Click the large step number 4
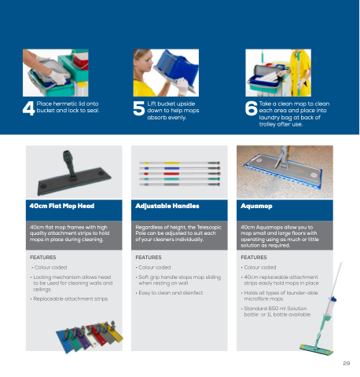coord(28,108)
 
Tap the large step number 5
coord(139,108)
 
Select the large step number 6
coord(251,108)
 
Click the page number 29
coord(347,363)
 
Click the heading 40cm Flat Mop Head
coord(62,206)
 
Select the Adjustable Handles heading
coord(167,206)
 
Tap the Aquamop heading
coord(256,207)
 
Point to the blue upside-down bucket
coord(176,70)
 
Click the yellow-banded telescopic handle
coord(180,163)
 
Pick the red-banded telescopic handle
coord(180,174)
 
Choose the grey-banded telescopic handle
coord(180,185)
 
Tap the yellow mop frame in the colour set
coord(115,332)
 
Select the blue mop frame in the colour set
coord(64,341)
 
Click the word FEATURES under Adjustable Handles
coord(149,258)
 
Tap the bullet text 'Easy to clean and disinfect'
coord(171,293)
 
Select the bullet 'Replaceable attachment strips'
coord(71,299)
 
